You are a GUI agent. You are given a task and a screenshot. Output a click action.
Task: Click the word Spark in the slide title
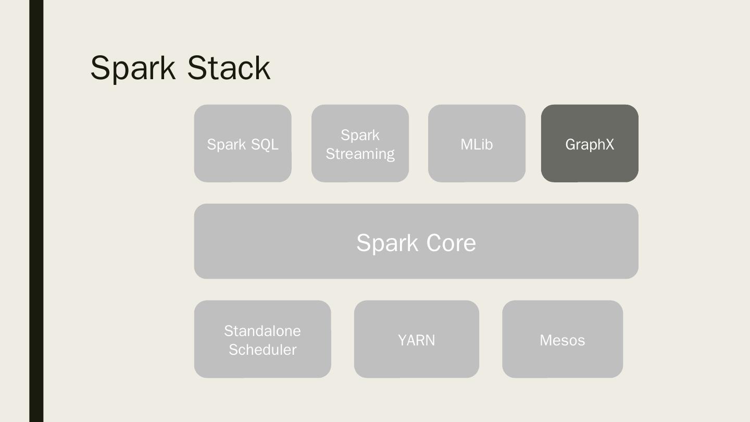tap(133, 68)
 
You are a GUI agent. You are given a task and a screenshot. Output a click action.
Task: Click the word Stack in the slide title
tap(229, 68)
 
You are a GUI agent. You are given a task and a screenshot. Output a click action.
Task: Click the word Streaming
tap(360, 154)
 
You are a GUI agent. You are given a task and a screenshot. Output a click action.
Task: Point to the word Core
tap(451, 243)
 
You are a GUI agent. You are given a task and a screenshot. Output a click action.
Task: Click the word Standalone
tap(262, 331)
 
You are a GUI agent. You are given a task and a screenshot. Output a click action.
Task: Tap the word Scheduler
tap(262, 350)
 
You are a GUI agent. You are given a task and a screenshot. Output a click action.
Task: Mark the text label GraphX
tap(590, 144)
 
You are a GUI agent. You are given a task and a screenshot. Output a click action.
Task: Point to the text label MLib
tap(477, 144)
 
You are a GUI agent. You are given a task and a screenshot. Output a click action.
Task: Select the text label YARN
tap(416, 340)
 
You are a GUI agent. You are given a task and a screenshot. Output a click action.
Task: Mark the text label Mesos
tap(562, 340)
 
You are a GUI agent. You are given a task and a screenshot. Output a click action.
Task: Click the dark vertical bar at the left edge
tap(36, 211)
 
